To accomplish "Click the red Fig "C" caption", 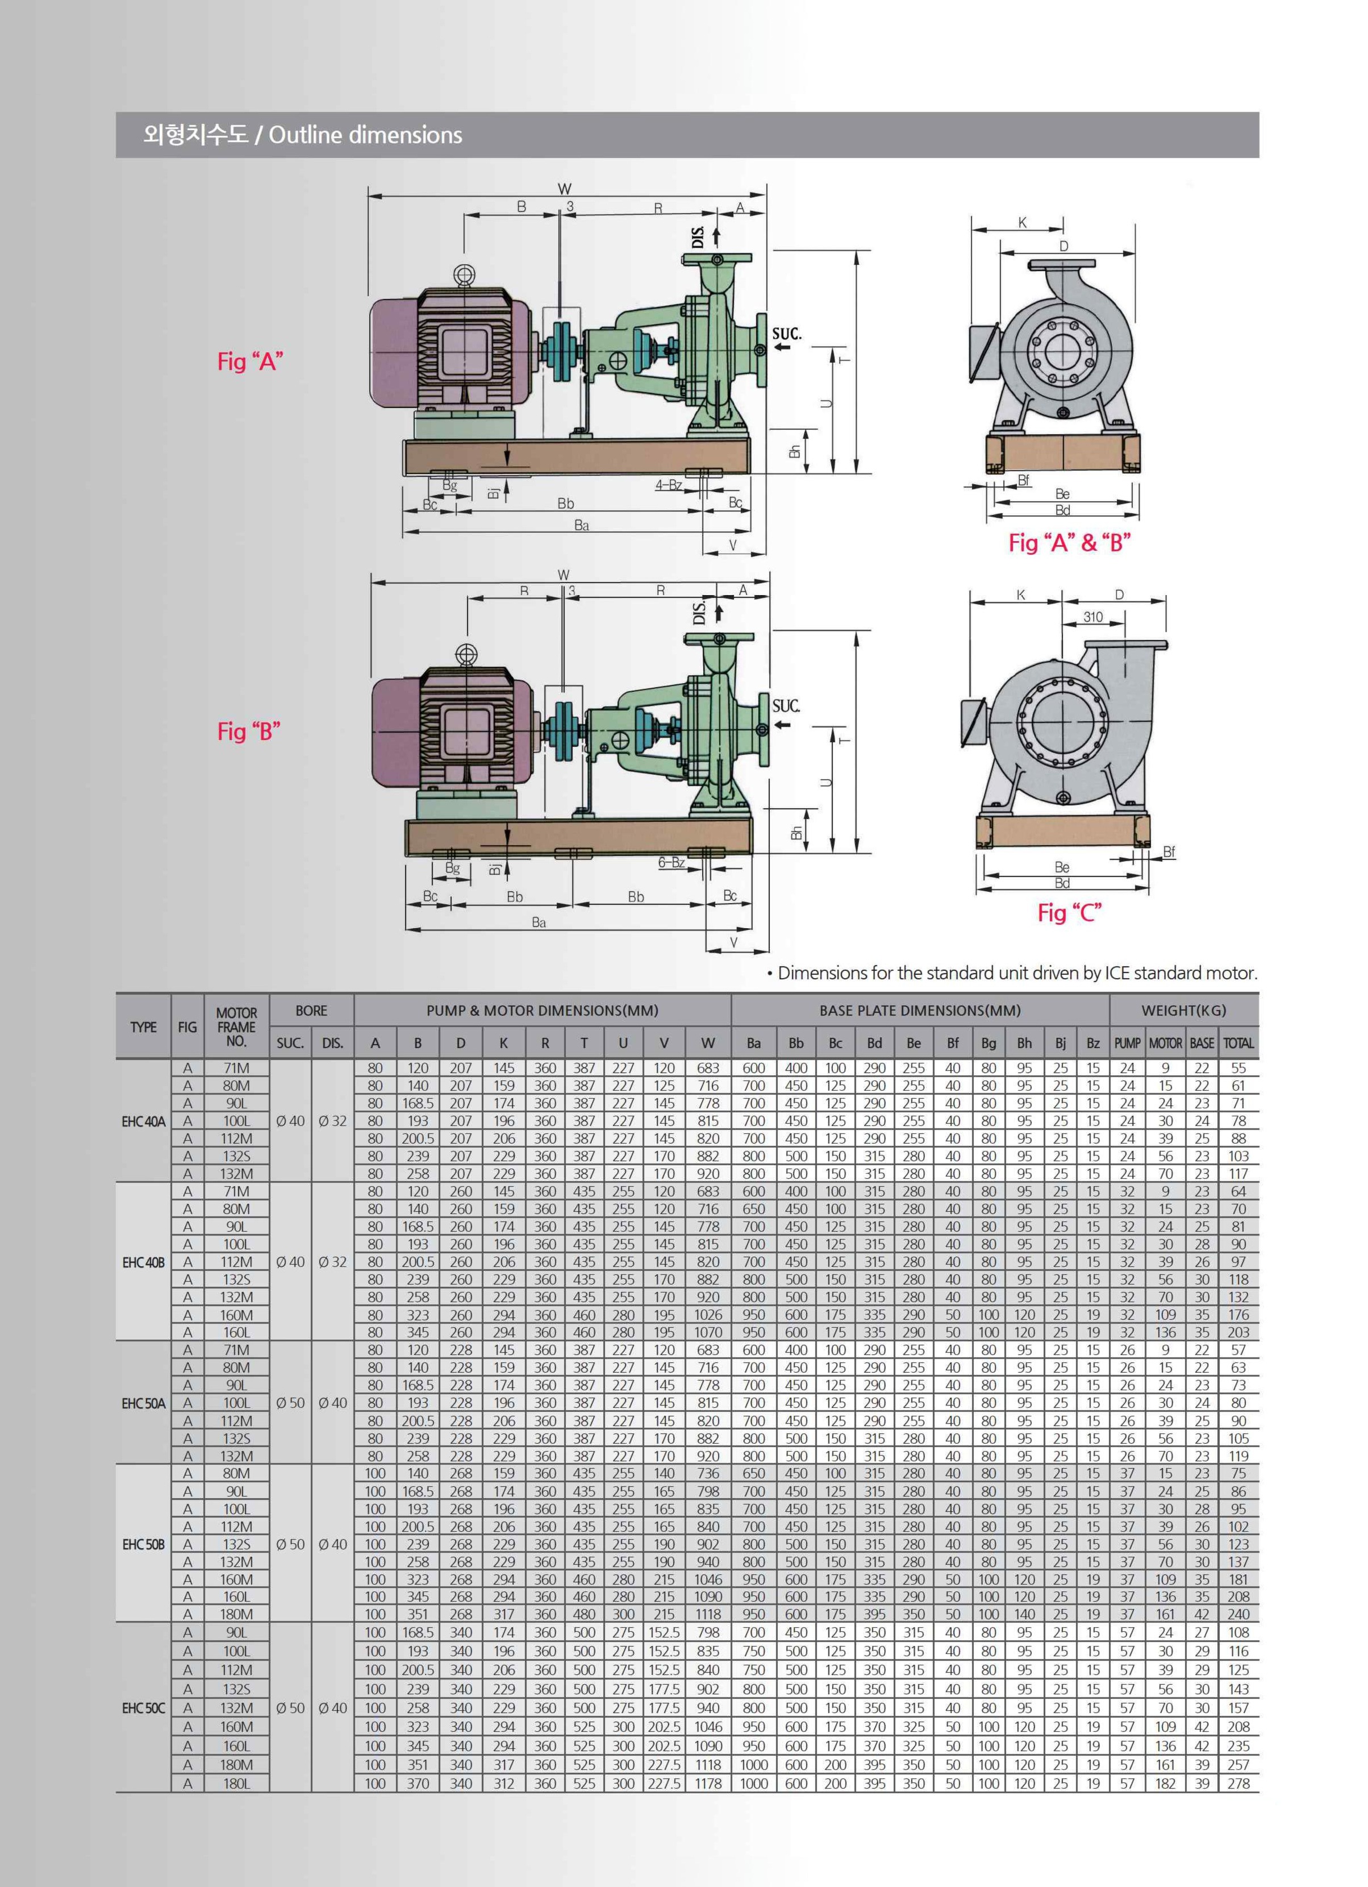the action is pos(1069,913).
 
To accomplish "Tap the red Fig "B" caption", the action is pos(249,731).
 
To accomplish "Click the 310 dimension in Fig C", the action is pos(1092,617).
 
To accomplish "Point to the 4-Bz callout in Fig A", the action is pos(669,485).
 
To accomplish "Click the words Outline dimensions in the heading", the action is pos(365,135).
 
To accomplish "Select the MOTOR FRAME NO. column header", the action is pos(236,1026).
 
